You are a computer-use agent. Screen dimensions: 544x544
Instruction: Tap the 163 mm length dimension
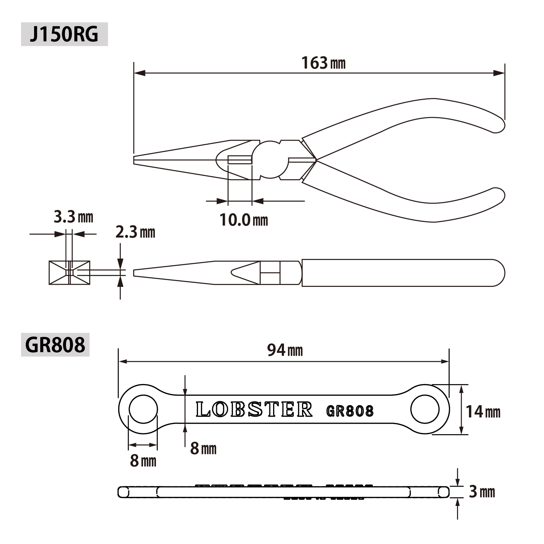(323, 63)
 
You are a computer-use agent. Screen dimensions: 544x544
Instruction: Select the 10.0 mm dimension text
(244, 220)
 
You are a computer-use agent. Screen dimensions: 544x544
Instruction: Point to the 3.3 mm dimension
(74, 217)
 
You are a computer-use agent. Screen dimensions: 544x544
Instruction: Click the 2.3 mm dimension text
(135, 232)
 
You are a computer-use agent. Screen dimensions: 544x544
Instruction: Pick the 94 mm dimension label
(285, 350)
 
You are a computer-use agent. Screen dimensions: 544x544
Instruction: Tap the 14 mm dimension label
(483, 412)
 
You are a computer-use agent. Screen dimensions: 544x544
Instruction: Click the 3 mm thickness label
(482, 492)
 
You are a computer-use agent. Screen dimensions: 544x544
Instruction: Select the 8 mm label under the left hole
(143, 461)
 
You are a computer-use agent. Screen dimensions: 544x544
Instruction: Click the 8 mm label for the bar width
(203, 449)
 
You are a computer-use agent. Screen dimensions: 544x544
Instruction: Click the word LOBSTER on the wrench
(254, 409)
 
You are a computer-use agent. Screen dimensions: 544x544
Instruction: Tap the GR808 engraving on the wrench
(350, 411)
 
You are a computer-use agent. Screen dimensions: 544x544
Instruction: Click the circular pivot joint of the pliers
(270, 159)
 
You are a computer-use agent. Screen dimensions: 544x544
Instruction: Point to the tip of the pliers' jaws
(134, 160)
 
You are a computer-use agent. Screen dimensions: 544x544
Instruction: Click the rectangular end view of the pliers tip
(69, 273)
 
